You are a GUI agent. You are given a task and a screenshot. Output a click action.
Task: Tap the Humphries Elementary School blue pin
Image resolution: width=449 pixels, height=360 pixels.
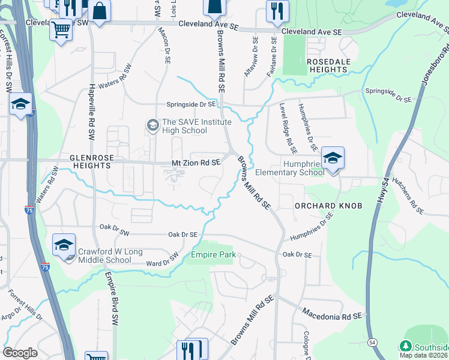333,158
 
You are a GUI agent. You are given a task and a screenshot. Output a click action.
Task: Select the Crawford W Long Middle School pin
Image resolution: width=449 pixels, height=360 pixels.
64,245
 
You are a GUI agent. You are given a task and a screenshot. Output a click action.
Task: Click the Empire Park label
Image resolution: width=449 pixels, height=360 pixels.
211,255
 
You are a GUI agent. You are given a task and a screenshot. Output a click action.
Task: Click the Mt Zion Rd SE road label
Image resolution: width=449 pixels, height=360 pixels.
196,163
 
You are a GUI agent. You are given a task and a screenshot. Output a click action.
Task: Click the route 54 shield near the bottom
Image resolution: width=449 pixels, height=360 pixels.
373,342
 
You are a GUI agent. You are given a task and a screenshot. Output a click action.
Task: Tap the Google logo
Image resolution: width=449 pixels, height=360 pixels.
20,353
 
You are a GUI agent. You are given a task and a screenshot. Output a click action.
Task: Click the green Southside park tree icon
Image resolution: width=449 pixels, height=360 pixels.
405,347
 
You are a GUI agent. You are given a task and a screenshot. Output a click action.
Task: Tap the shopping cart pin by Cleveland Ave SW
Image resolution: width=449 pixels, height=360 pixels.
61,29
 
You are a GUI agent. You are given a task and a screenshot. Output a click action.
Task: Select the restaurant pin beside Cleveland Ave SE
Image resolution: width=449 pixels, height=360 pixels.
277,11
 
